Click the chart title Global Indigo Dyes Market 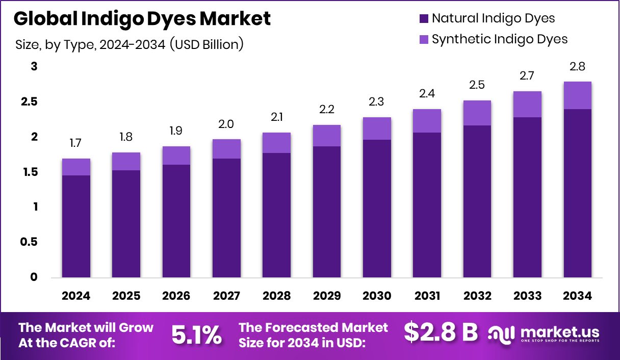pos(142,19)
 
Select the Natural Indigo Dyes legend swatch pos(423,19)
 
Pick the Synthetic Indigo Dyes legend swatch pos(423,39)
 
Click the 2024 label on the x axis pos(76,296)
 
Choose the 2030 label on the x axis pos(377,296)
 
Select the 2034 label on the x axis pos(577,296)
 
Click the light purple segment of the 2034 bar pos(577,95)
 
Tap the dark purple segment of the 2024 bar pos(76,227)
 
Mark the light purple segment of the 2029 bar pos(327,136)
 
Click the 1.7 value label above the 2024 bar pos(75,143)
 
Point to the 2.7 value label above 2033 pos(527,76)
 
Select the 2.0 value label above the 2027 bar pos(226,124)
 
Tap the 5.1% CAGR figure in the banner pos(196,335)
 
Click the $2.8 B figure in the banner pos(441,333)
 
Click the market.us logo pos(544,333)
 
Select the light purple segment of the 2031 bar pos(427,121)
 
